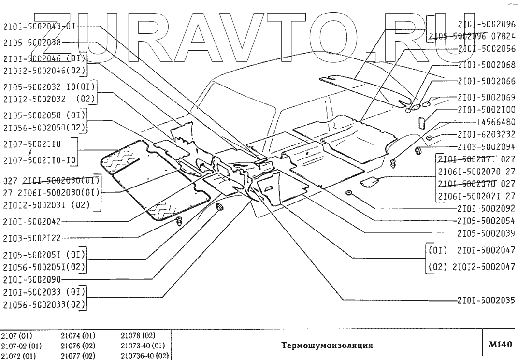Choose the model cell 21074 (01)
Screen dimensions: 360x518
point(78,336)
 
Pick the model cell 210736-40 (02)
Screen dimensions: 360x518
point(144,354)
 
